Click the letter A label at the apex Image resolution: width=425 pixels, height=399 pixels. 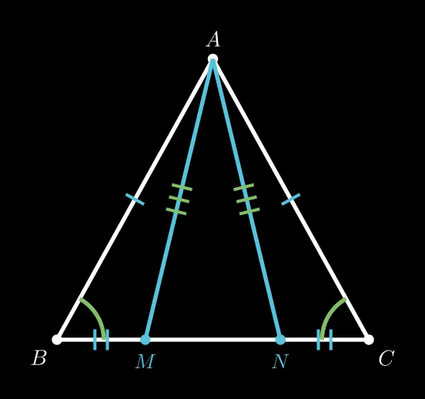pyautogui.click(x=213, y=39)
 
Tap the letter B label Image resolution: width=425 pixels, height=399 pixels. pyautogui.click(x=39, y=357)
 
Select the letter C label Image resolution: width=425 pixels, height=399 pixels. pyautogui.click(x=386, y=358)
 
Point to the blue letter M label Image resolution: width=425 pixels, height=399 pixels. pyautogui.click(x=145, y=361)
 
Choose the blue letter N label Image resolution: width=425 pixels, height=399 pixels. pyautogui.click(x=280, y=361)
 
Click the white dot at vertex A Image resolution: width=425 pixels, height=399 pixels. pyautogui.click(x=212, y=59)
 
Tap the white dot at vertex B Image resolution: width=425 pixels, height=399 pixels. pyautogui.click(x=57, y=340)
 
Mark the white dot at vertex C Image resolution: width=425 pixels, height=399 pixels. pyautogui.click(x=369, y=340)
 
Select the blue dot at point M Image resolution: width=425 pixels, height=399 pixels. pyautogui.click(x=146, y=340)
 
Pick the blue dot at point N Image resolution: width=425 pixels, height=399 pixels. pyautogui.click(x=280, y=340)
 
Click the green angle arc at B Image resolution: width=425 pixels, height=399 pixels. pyautogui.click(x=97, y=314)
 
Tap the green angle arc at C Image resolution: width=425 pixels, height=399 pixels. pyautogui.click(x=329, y=314)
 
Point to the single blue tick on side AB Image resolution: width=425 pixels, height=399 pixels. pyautogui.click(x=135, y=199)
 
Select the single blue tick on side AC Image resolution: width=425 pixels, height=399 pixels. pyautogui.click(x=291, y=199)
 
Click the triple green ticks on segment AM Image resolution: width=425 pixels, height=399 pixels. pyautogui.click(x=179, y=199)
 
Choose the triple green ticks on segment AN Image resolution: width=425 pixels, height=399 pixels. pyautogui.click(x=246, y=199)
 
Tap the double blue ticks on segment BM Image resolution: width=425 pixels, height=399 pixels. pyautogui.click(x=101, y=340)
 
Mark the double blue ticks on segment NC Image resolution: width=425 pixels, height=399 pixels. pyautogui.click(x=324, y=340)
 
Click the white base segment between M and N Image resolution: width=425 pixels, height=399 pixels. pyautogui.click(x=212, y=340)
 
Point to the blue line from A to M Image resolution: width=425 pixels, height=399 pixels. pyautogui.click(x=179, y=199)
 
